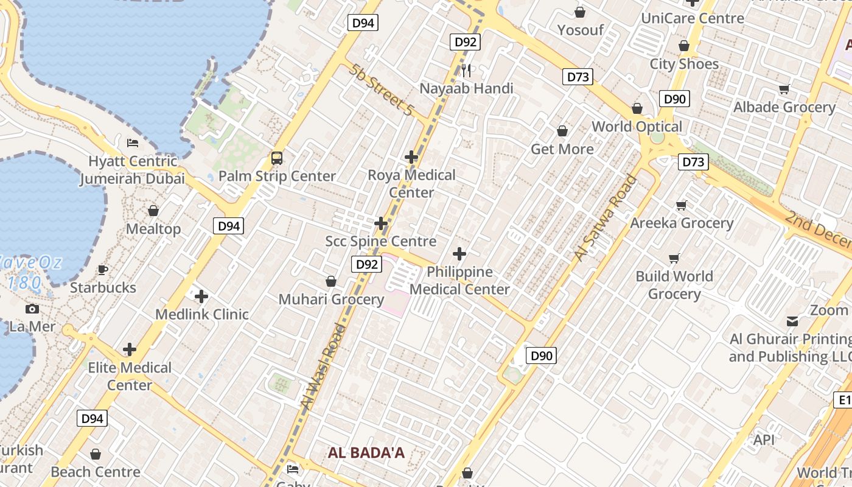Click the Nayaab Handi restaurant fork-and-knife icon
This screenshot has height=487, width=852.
pos(466,70)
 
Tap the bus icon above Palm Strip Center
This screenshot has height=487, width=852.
pos(277,158)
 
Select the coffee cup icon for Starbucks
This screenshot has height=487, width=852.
pos(103,270)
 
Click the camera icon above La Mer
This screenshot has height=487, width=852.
pos(32,309)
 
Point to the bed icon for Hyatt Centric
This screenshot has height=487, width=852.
pos(133,143)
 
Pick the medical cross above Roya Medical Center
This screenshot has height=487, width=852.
pos(411,157)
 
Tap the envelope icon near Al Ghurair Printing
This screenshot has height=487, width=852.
pos(792,321)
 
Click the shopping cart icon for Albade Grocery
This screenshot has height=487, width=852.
pos(784,89)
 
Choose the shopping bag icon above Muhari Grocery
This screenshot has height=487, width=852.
pos(331,281)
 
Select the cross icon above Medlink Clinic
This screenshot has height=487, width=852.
pos(201,296)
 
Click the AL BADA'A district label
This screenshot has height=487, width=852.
pos(366,453)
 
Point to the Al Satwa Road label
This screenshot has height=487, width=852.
pos(606,218)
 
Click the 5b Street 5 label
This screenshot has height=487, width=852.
pos(382,89)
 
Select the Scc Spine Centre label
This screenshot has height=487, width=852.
pos(381,241)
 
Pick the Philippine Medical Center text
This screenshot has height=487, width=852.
pos(459,280)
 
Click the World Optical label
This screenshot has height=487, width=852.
pos(637,127)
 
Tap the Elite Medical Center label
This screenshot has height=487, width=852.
pos(130,376)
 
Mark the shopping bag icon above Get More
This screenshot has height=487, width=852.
pos(562,131)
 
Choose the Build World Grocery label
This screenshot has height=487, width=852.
pos(674,285)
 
